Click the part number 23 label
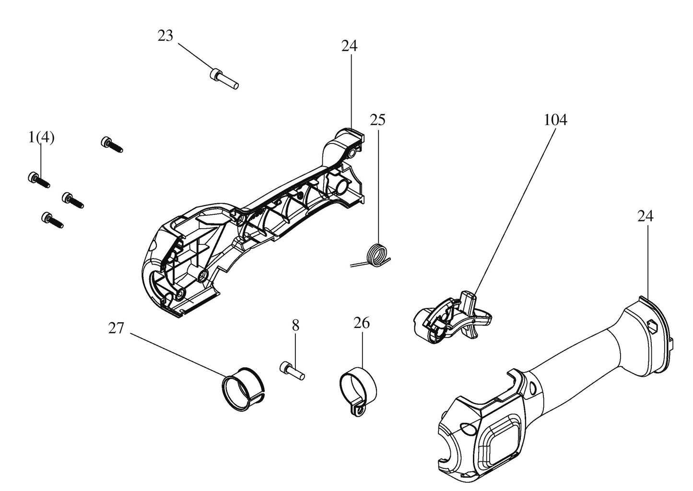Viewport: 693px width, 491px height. click(x=165, y=36)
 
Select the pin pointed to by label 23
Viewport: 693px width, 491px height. click(x=224, y=79)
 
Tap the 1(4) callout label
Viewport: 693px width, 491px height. click(x=41, y=137)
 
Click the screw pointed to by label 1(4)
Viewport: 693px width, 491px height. click(x=39, y=180)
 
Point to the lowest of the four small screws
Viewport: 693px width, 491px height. click(x=52, y=220)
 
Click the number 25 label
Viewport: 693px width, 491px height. click(x=378, y=120)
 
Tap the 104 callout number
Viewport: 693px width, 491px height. click(x=556, y=120)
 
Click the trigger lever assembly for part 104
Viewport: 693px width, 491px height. click(x=452, y=317)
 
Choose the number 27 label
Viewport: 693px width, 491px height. click(x=116, y=328)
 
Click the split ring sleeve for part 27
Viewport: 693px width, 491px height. click(x=244, y=389)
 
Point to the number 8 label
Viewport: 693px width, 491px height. click(x=295, y=326)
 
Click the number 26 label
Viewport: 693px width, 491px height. click(x=362, y=323)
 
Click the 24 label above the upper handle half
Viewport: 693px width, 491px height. click(x=349, y=46)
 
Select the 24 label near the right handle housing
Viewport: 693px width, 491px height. click(x=646, y=216)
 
